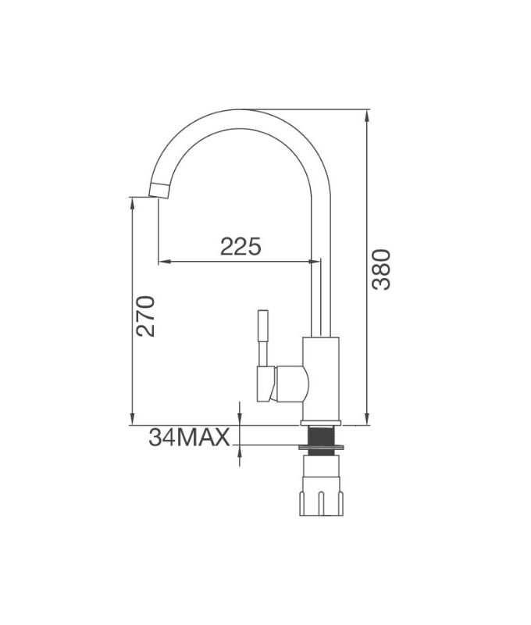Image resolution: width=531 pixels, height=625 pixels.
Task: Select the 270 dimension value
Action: [x=146, y=316]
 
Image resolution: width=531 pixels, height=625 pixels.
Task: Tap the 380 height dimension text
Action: [x=380, y=270]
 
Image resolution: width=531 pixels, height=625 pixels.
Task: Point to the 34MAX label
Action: [x=189, y=437]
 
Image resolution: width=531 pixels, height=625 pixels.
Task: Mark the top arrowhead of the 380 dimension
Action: [x=367, y=116]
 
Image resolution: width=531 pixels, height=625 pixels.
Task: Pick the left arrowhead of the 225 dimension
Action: [x=163, y=261]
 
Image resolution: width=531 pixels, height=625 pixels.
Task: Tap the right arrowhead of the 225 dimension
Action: [x=315, y=261]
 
